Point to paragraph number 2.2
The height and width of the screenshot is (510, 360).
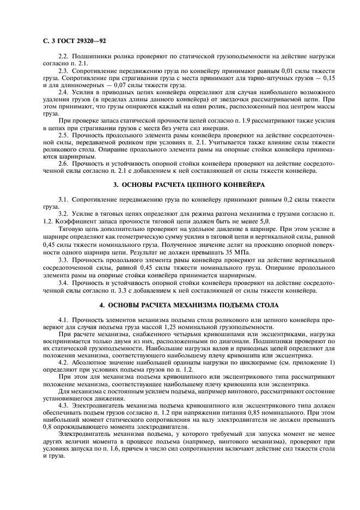[63, 57]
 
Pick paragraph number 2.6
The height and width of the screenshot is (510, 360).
[63, 163]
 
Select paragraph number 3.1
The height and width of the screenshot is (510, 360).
[63, 201]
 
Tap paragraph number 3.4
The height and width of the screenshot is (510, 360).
[63, 284]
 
